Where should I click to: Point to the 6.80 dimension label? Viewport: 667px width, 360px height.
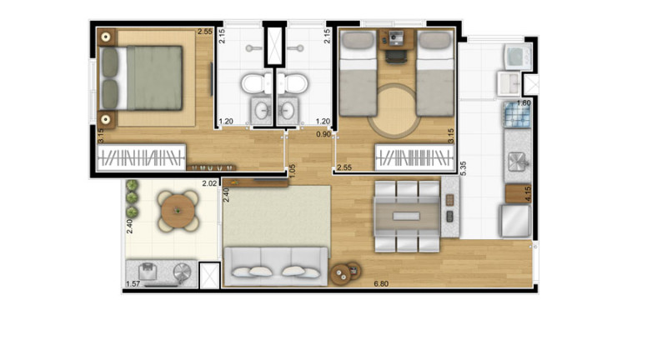coord(381,284)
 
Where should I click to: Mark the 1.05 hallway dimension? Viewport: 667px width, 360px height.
coord(293,172)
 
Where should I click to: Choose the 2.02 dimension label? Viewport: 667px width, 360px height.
coord(209,183)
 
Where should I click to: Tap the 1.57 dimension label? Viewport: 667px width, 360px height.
coord(132,284)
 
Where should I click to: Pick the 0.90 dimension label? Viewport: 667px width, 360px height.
coord(323,133)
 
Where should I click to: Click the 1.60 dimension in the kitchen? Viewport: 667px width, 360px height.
coord(524,103)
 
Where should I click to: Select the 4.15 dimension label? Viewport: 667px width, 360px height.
coord(528,195)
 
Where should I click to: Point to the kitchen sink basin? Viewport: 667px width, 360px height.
coord(516,161)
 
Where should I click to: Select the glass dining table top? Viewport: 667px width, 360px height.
coord(406,216)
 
